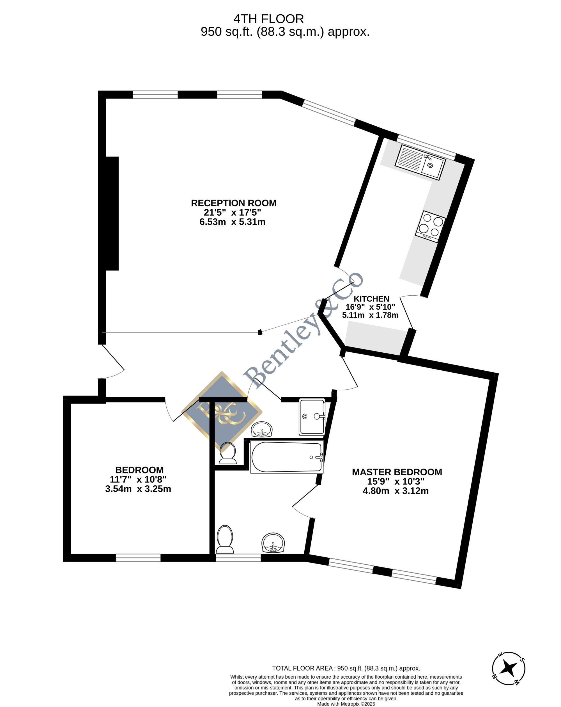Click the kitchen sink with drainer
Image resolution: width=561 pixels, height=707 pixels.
click(x=420, y=162)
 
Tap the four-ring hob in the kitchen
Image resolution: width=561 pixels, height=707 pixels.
click(x=431, y=226)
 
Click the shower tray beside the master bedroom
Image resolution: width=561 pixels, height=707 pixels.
click(x=312, y=417)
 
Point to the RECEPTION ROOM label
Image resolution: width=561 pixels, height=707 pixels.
click(x=234, y=203)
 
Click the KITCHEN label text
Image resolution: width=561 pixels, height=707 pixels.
click(x=371, y=299)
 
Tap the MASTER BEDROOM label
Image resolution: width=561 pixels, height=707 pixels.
click(x=397, y=472)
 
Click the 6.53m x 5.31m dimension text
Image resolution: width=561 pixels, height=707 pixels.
click(x=232, y=222)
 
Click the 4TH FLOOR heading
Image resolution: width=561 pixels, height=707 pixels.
click(x=268, y=19)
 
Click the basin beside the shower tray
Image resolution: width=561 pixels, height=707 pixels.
click(x=261, y=429)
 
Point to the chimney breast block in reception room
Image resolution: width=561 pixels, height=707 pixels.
click(x=112, y=213)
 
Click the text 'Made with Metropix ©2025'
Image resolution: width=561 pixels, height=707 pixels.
click(x=346, y=704)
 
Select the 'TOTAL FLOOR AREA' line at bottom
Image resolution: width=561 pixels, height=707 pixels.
click(x=346, y=668)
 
